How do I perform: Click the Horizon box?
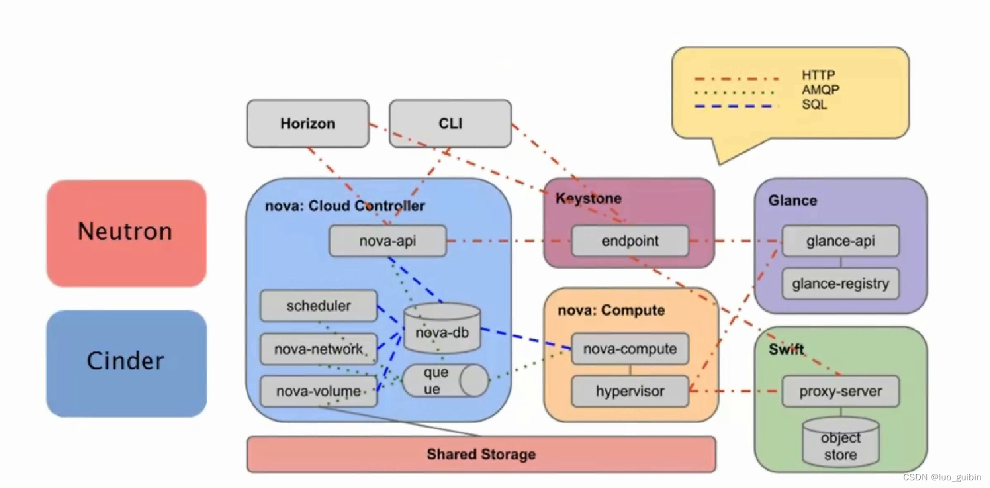coord(308,123)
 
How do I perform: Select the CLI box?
coord(450,123)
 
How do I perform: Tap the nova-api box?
coord(387,241)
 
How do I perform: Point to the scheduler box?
coord(318,306)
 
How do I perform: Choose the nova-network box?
coord(318,349)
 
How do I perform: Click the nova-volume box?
coord(318,391)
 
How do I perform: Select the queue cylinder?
coord(445,381)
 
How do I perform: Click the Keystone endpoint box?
coord(630,241)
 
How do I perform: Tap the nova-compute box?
coord(630,349)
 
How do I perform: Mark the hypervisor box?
coord(630,391)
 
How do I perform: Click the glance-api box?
coord(840,241)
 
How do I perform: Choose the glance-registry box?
coord(840,284)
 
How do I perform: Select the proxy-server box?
coord(840,391)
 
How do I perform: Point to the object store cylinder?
coord(840,444)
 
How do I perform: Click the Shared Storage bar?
coord(481,454)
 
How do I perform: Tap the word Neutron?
coord(125,231)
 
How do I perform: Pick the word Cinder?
coord(125,361)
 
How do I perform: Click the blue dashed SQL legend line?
coord(733,107)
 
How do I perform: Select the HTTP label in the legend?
coord(818,75)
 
